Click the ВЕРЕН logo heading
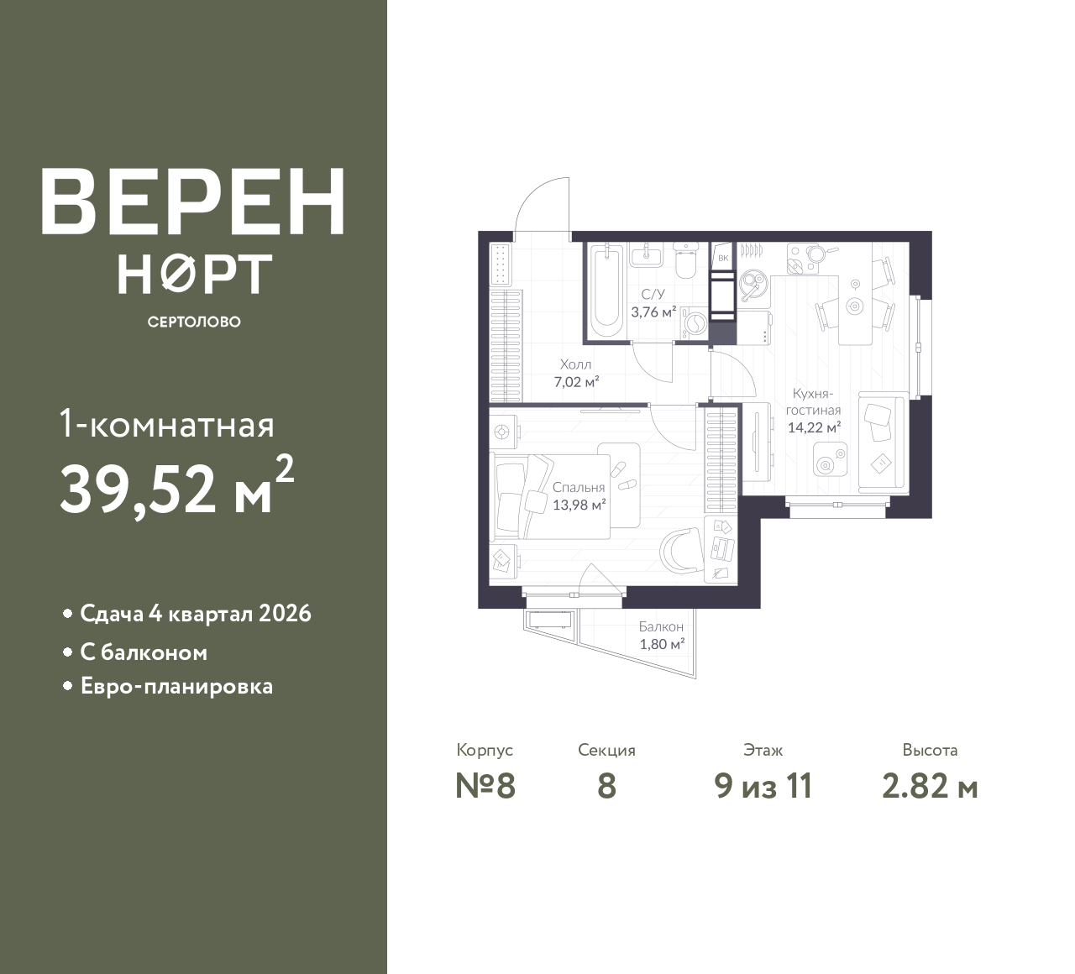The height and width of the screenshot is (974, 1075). (193, 202)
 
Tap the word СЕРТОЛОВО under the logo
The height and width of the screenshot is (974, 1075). (194, 322)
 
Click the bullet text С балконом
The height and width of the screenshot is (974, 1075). (144, 652)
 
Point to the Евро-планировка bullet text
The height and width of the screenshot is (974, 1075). (176, 686)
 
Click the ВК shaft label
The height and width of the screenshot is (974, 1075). (723, 258)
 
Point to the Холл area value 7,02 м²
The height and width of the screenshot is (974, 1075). (576, 382)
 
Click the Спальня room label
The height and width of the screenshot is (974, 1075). (579, 488)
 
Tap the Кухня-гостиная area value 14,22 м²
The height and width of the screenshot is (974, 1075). (814, 427)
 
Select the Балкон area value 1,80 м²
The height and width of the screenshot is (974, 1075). (662, 644)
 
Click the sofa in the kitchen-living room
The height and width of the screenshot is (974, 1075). (882, 442)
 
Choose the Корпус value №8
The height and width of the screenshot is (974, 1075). (485, 787)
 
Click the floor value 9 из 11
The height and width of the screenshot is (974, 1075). (763, 787)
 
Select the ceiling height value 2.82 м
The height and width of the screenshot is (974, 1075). (930, 787)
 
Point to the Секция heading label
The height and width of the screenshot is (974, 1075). (606, 750)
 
